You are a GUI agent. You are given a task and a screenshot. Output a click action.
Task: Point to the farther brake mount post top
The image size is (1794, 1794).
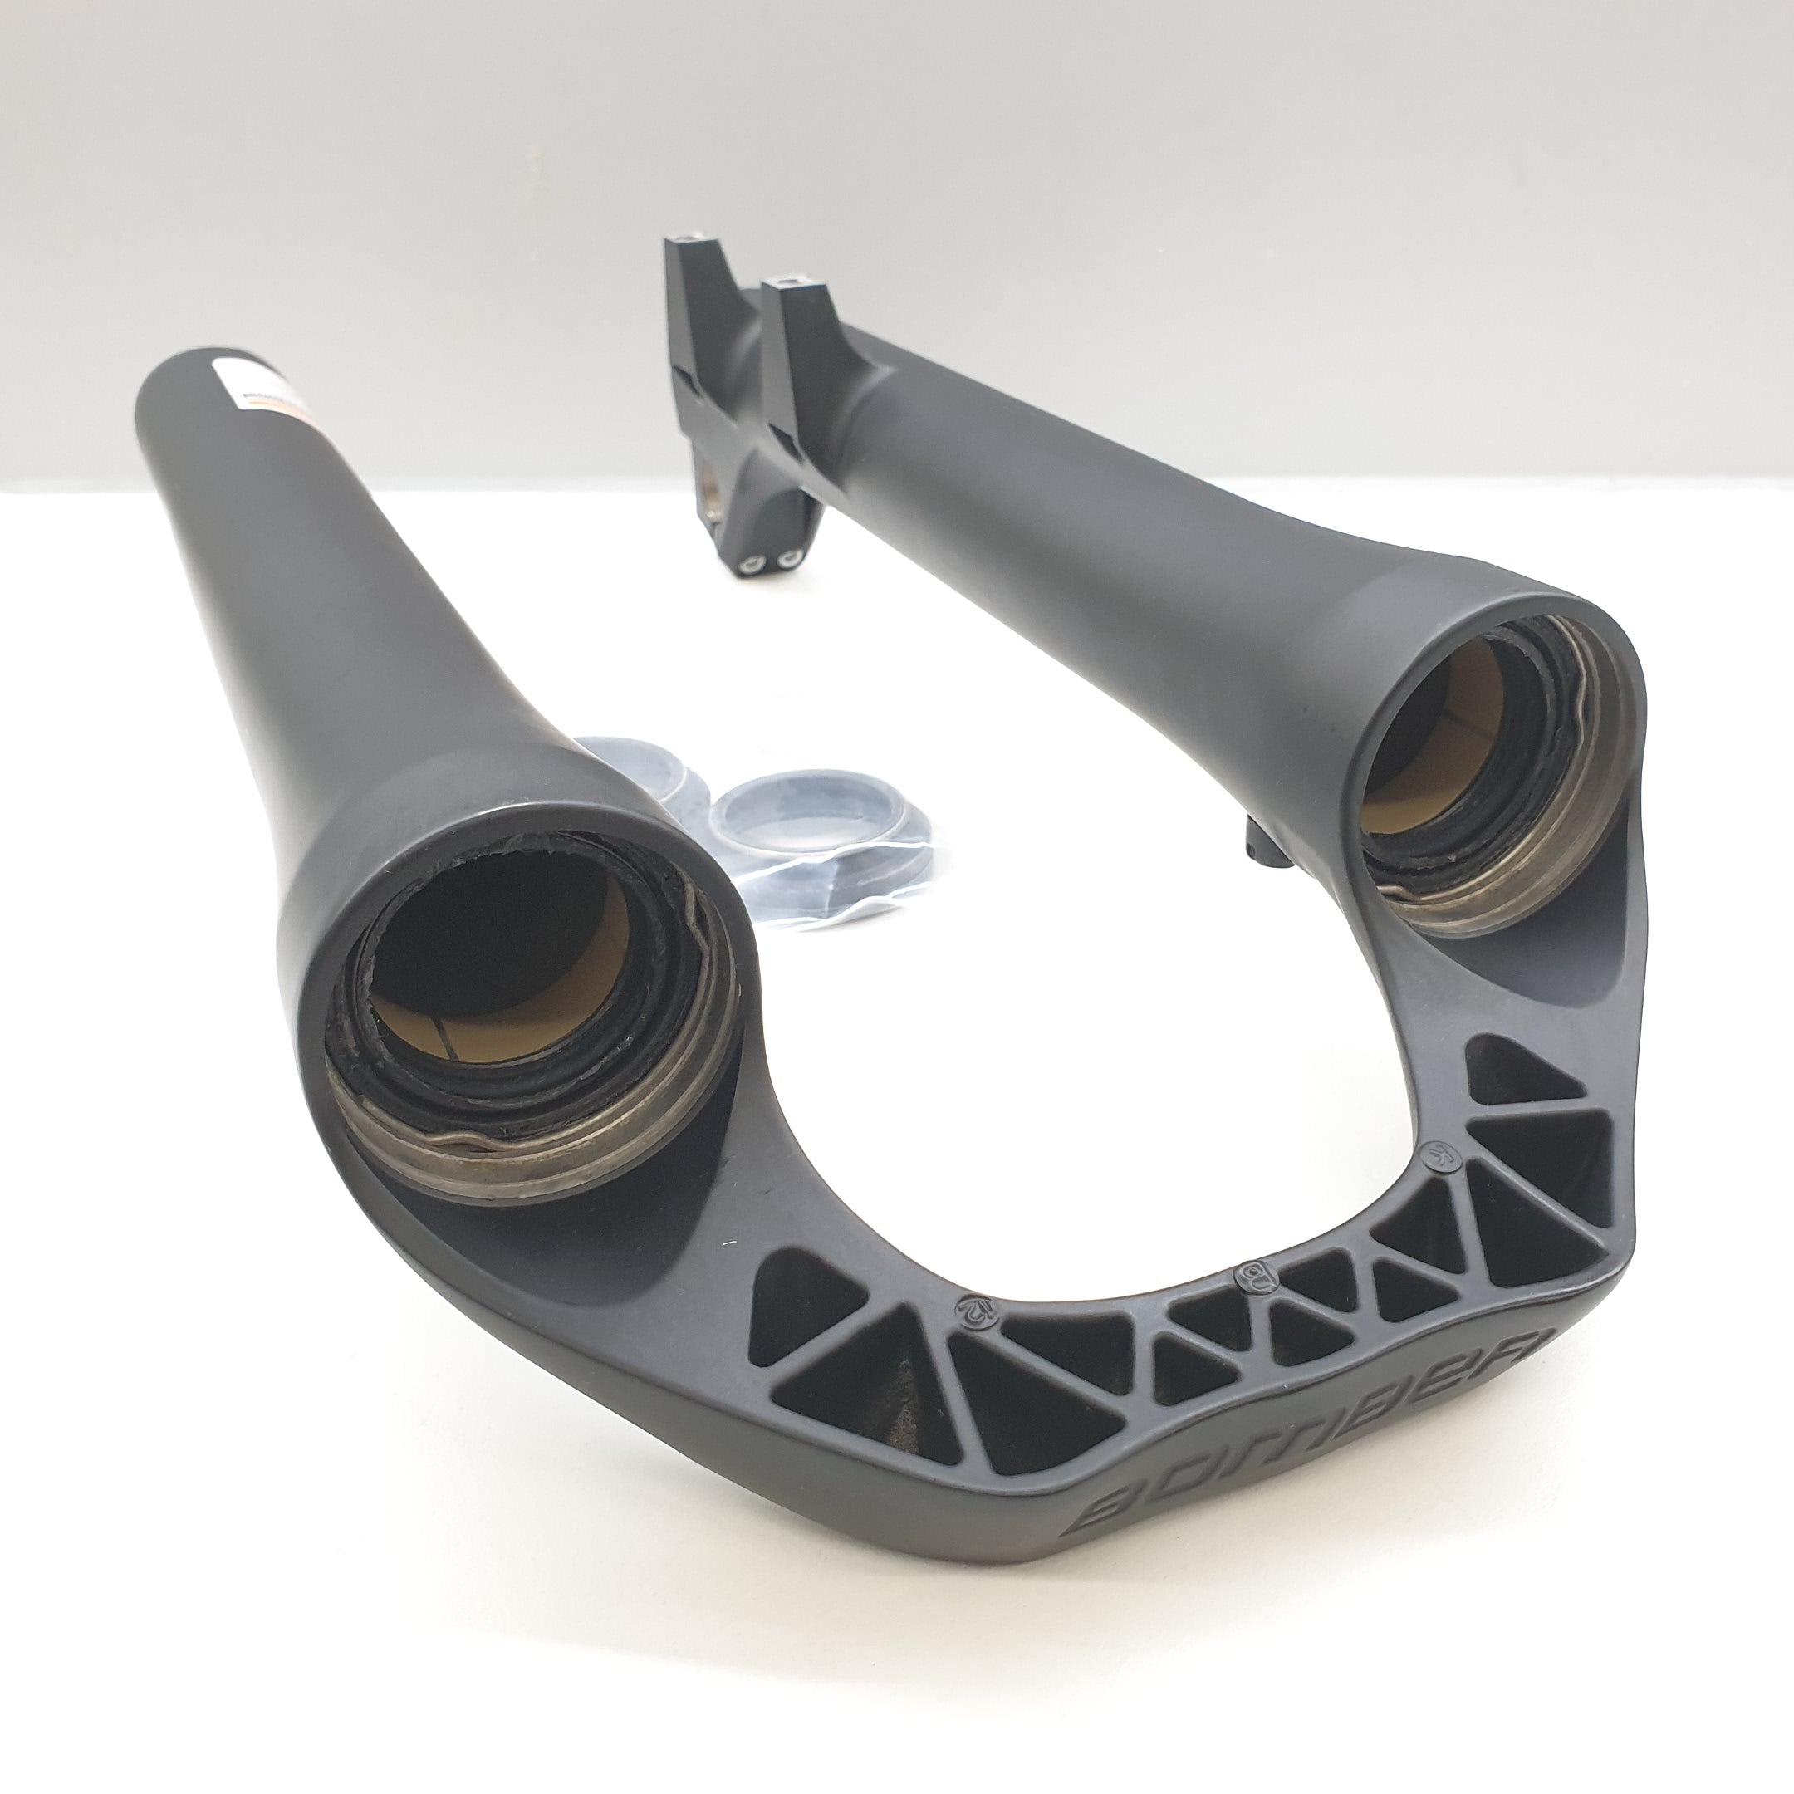pyautogui.click(x=692, y=245)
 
